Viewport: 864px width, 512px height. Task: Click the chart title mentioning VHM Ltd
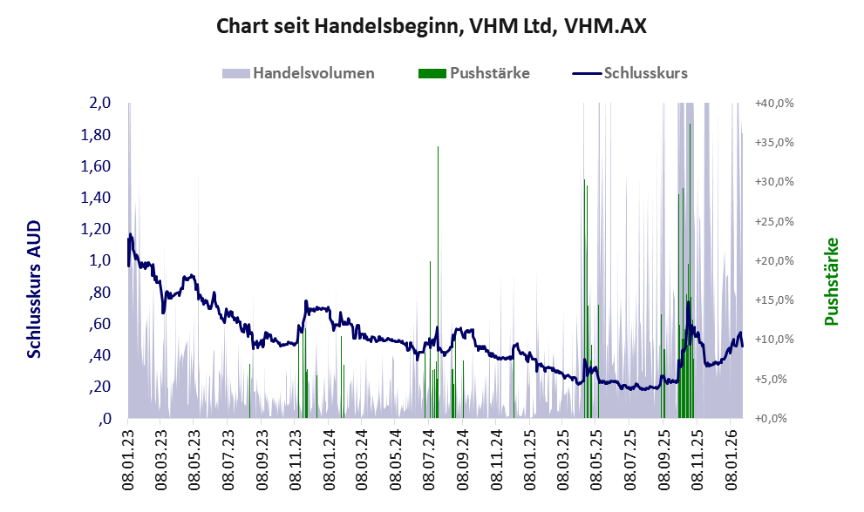coord(432,26)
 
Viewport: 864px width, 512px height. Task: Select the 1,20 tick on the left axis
coord(97,229)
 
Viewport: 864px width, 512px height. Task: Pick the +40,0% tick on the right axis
coord(774,103)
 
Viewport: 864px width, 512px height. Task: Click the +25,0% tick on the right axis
coord(774,221)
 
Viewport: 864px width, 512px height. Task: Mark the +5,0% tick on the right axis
coord(775,380)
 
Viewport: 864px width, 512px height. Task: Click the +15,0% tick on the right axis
coord(774,300)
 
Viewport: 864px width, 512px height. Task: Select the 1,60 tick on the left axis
coord(97,165)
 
